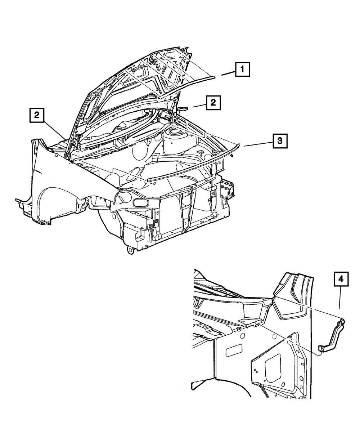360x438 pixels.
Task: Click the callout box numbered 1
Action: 243,69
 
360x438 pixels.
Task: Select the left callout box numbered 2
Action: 37,116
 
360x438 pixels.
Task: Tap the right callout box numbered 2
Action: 213,103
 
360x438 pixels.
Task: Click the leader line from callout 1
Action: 228,73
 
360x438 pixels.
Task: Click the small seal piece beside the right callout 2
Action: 184,108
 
